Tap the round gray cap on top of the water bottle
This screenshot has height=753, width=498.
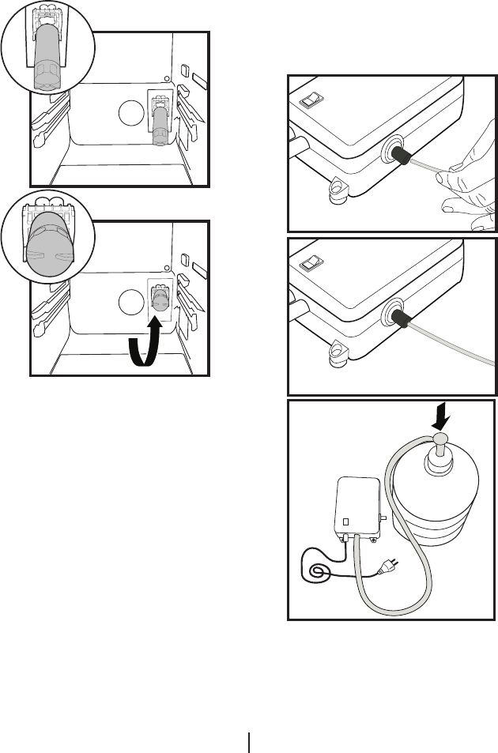click(440, 440)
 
